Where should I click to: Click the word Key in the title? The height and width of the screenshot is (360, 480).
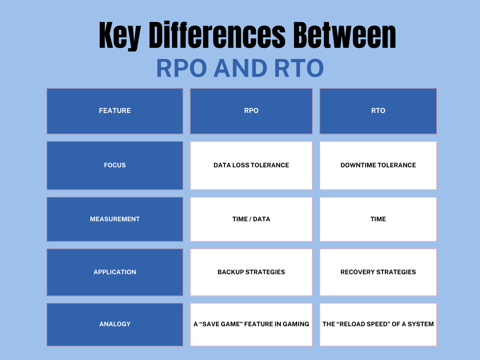(120, 35)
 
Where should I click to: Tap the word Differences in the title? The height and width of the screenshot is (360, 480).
(217, 35)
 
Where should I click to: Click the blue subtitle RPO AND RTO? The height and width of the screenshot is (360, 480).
(240, 68)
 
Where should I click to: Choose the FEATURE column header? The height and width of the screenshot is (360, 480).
(115, 111)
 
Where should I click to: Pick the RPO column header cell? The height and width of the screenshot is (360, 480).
(251, 111)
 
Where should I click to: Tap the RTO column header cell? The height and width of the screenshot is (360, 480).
(378, 111)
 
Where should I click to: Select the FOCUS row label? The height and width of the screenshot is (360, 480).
(115, 165)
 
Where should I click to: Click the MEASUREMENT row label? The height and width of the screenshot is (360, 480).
(115, 219)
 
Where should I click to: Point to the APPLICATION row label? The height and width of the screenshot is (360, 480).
(115, 272)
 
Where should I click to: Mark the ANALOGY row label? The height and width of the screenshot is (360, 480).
(115, 324)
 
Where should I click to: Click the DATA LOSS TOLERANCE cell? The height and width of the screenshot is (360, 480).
(251, 165)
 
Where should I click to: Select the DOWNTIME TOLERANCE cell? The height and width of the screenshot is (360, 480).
(378, 165)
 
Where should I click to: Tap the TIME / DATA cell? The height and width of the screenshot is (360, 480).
(251, 219)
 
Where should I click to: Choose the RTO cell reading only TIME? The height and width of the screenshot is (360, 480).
(378, 219)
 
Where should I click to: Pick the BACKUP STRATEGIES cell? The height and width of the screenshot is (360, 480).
(251, 272)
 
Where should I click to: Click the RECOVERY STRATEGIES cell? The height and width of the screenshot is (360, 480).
(378, 272)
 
